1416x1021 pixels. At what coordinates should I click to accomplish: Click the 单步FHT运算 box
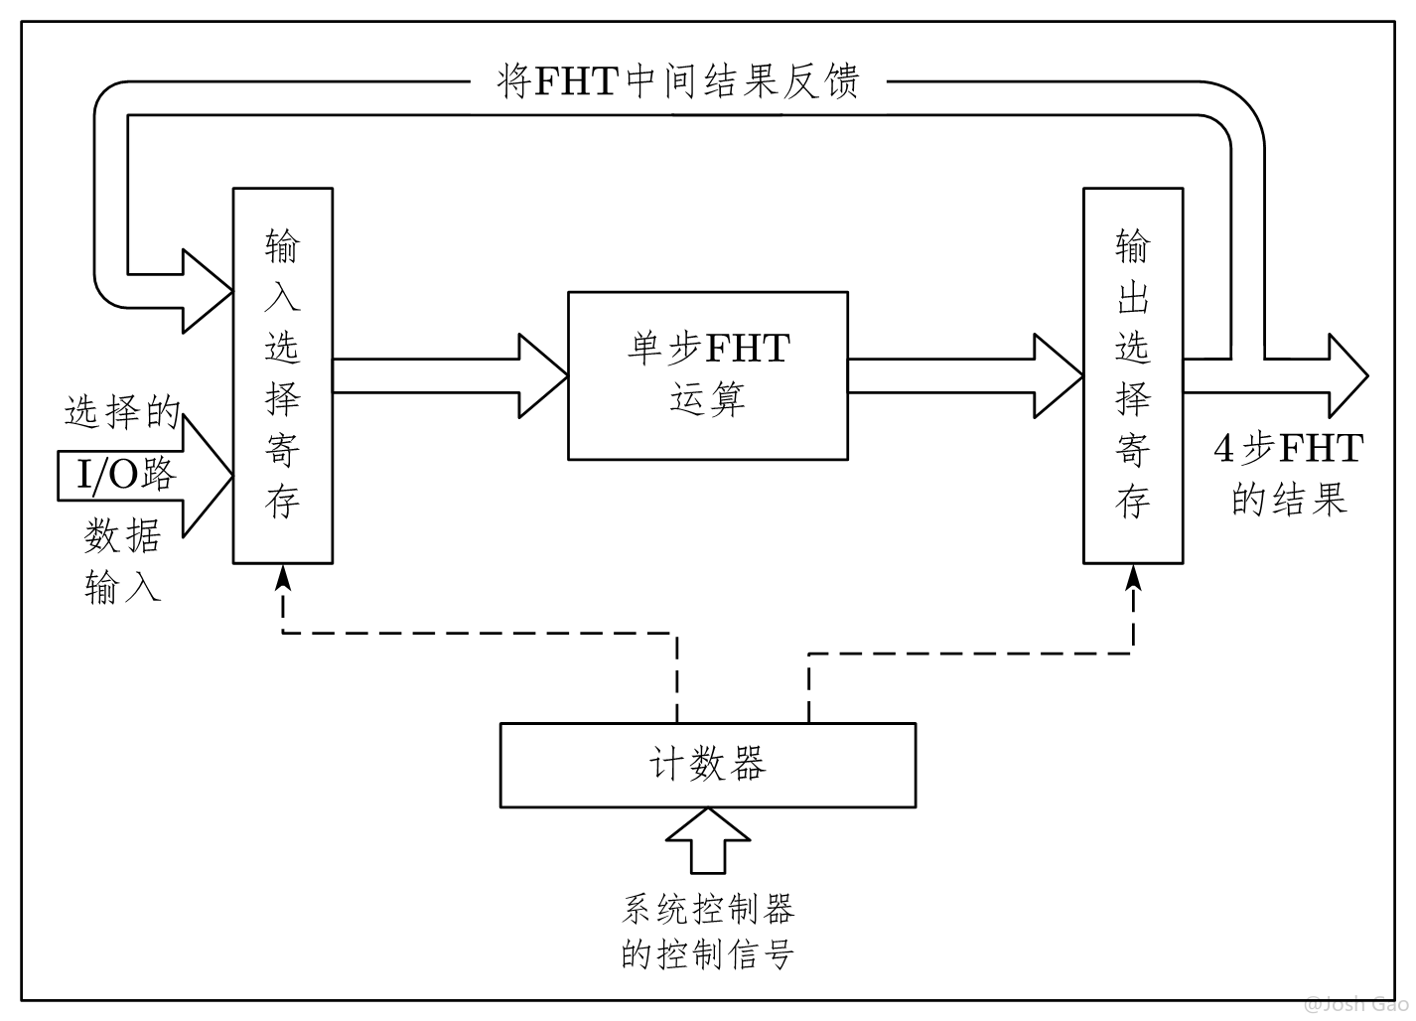[707, 375]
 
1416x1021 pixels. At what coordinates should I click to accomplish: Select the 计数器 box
[707, 765]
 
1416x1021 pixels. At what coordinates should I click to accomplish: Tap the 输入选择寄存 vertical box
[283, 375]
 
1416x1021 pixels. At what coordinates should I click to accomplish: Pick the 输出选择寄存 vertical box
[1133, 375]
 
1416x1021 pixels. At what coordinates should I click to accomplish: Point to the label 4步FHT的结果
[1288, 474]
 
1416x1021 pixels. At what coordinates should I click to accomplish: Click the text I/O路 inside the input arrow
[127, 475]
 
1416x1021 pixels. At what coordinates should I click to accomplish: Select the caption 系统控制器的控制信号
[707, 932]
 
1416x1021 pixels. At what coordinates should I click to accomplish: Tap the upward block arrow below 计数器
[707, 839]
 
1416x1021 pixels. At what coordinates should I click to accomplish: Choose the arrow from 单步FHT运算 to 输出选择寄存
[964, 375]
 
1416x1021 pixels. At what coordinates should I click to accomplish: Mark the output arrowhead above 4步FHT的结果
[1346, 375]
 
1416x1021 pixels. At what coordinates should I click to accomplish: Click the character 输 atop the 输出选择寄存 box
[1133, 245]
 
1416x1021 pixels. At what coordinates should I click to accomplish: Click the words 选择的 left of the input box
[122, 411]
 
